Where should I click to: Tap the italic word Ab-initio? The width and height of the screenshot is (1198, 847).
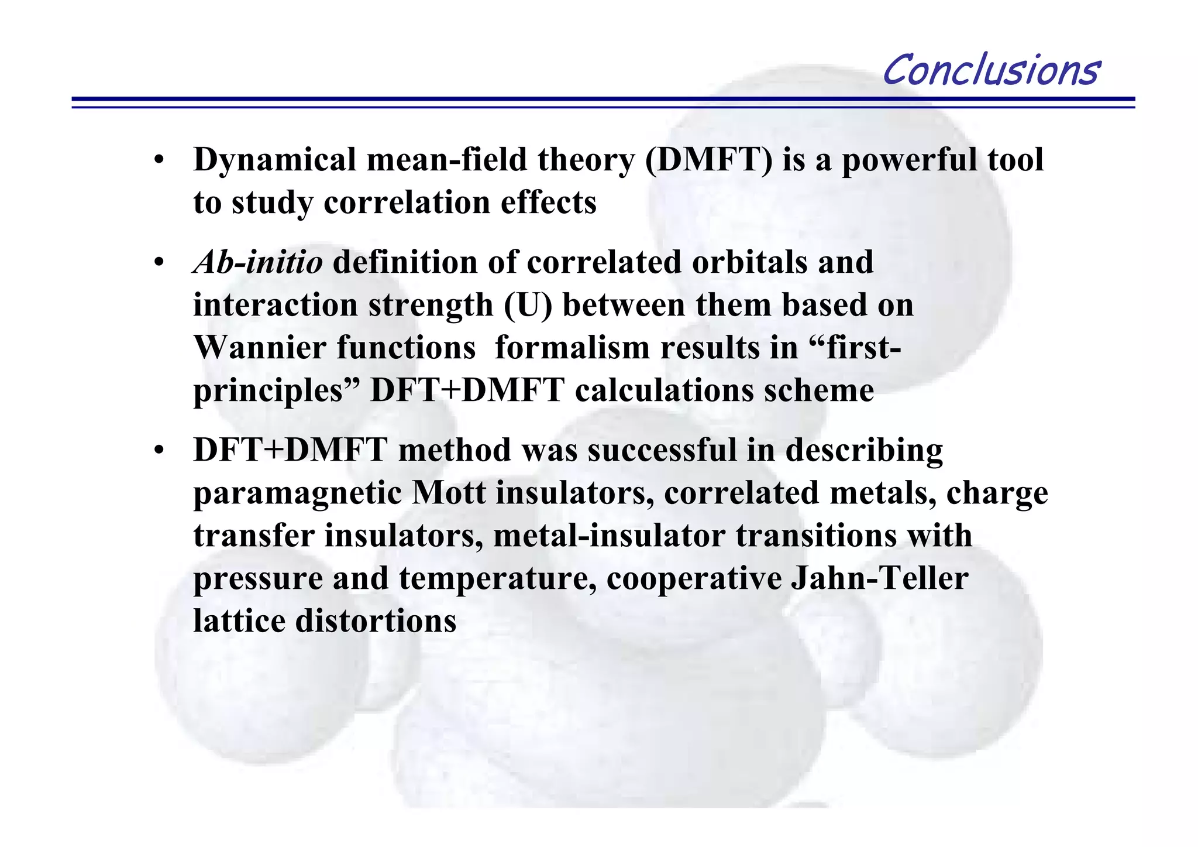point(257,262)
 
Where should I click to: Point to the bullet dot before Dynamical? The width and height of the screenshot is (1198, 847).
point(159,161)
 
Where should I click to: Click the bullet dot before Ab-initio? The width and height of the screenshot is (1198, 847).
point(159,263)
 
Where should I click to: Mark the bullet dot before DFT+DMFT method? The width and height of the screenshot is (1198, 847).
point(159,451)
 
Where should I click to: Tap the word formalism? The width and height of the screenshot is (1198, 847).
point(572,348)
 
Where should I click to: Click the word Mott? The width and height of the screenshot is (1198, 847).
point(449,493)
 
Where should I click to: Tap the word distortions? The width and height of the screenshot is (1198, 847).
point(376,621)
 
